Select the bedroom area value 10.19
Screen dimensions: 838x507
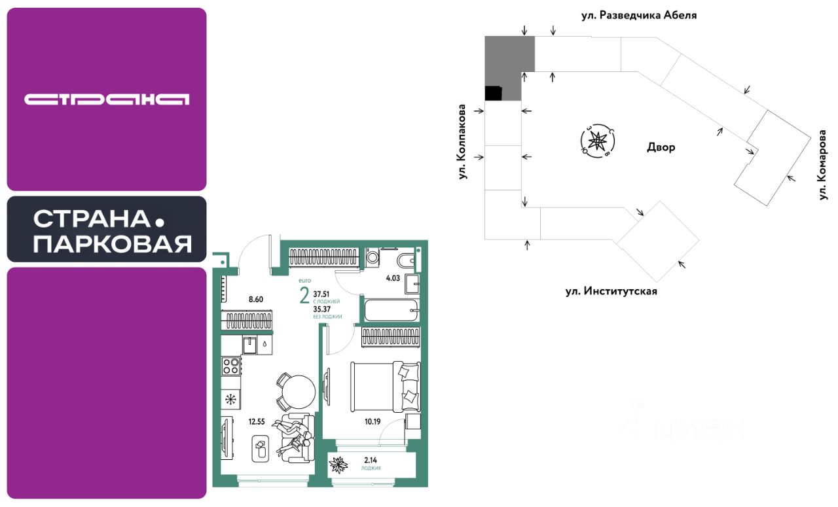pyautogui.click(x=373, y=421)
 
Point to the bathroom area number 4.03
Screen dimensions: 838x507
pyautogui.click(x=393, y=278)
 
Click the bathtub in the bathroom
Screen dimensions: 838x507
pyautogui.click(x=391, y=309)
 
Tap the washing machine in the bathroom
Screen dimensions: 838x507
pyautogui.click(x=373, y=258)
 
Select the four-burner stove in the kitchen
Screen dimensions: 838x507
pyautogui.click(x=230, y=366)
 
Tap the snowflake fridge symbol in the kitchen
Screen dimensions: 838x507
pyautogui.click(x=230, y=399)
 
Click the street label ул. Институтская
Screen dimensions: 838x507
pyautogui.click(x=611, y=291)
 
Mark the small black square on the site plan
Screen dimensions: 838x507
pyautogui.click(x=493, y=94)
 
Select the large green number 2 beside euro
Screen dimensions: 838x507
pyautogui.click(x=304, y=296)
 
